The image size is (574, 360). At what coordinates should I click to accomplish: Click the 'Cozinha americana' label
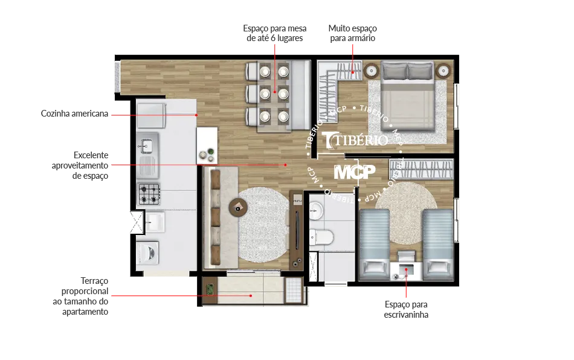pyautogui.click(x=74, y=114)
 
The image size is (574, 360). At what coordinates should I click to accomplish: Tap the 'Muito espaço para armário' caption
pyautogui.click(x=352, y=33)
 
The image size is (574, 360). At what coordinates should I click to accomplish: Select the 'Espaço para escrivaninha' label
pyautogui.click(x=406, y=309)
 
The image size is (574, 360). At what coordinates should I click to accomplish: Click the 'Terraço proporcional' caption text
pyautogui.click(x=85, y=286)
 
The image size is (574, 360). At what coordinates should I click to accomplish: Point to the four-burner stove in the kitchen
pyautogui.click(x=149, y=194)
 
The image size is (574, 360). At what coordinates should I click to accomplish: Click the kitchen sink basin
pyautogui.click(x=147, y=146)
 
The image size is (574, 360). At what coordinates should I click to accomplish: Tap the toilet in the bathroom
pyautogui.click(x=321, y=237)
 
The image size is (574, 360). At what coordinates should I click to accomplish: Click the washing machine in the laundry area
pyautogui.click(x=148, y=252)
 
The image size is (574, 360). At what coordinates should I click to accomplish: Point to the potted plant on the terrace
pyautogui.click(x=209, y=289)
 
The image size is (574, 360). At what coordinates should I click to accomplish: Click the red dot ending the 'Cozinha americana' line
pyautogui.click(x=196, y=115)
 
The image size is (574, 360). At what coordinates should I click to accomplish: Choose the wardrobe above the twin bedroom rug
pyautogui.click(x=421, y=169)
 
